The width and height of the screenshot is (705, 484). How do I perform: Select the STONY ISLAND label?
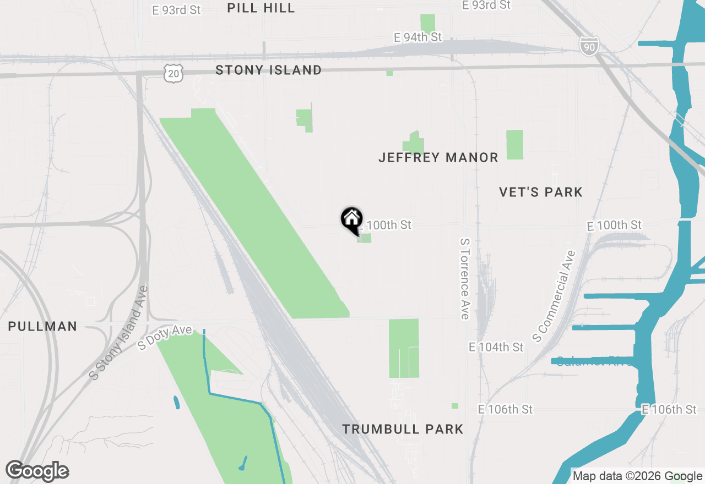(268, 70)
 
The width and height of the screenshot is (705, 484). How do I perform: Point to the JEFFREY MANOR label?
(438, 158)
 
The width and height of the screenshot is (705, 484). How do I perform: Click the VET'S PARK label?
(540, 192)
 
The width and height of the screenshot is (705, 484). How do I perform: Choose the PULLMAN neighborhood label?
(42, 326)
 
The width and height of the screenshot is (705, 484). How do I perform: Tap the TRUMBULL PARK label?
(403, 429)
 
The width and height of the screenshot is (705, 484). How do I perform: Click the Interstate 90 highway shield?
(589, 47)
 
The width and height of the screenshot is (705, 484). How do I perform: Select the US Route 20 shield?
(173, 73)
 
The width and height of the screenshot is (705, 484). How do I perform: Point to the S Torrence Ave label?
(464, 278)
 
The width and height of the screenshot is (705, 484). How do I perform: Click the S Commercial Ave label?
(554, 295)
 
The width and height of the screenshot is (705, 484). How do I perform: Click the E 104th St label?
(496, 347)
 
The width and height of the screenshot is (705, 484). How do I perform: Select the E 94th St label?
(418, 37)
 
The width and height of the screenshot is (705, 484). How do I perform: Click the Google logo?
(37, 471)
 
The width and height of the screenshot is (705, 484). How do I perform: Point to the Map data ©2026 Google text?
(637, 476)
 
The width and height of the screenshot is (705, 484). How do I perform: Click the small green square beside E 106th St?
(455, 406)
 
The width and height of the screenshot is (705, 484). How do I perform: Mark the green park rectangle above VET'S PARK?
(514, 145)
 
